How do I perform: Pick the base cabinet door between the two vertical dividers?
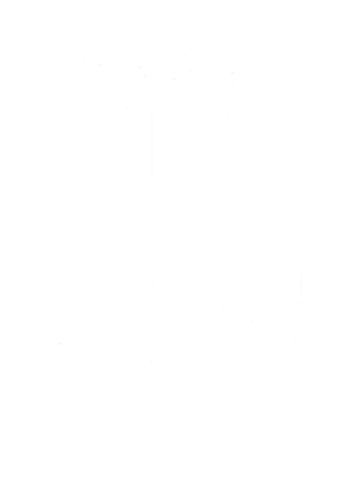pyautogui.click(x=92, y=414)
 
